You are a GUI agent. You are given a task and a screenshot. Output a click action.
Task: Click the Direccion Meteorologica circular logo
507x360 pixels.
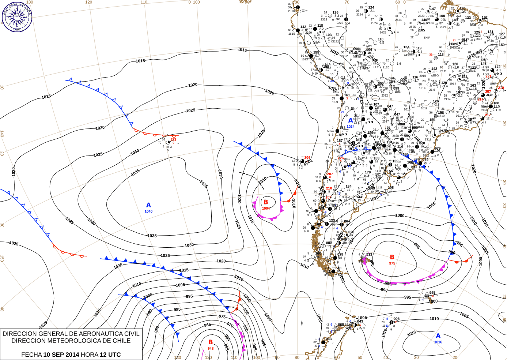(17, 17)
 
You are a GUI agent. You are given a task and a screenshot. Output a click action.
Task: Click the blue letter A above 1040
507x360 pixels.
(148, 205)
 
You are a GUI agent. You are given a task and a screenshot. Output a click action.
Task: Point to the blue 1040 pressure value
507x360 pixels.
(148, 211)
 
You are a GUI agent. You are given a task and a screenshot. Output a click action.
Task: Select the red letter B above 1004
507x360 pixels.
(266, 202)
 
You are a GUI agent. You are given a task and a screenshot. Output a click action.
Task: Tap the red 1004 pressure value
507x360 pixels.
(266, 209)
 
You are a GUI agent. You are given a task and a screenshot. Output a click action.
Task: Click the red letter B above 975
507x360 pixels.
(392, 257)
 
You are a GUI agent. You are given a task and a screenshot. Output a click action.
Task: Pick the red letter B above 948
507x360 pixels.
(211, 342)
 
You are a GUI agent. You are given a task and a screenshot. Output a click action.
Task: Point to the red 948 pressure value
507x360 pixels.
(211, 349)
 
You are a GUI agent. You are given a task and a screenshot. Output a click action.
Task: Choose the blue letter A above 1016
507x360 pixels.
(438, 336)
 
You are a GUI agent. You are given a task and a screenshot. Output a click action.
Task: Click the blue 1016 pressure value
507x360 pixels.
(438, 342)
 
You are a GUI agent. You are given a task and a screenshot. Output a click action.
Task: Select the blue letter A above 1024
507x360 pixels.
(351, 120)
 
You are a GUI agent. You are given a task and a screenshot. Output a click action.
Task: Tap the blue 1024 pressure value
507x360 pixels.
(351, 127)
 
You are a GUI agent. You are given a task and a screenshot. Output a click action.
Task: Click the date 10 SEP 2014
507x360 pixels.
(61, 355)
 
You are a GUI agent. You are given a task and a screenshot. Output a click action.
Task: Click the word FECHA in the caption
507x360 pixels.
(31, 355)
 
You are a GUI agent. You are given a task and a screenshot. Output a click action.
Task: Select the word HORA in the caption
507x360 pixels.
(90, 355)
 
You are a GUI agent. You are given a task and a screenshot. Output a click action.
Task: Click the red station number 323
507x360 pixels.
(173, 139)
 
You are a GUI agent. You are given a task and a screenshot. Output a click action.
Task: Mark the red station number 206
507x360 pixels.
(307, 158)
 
